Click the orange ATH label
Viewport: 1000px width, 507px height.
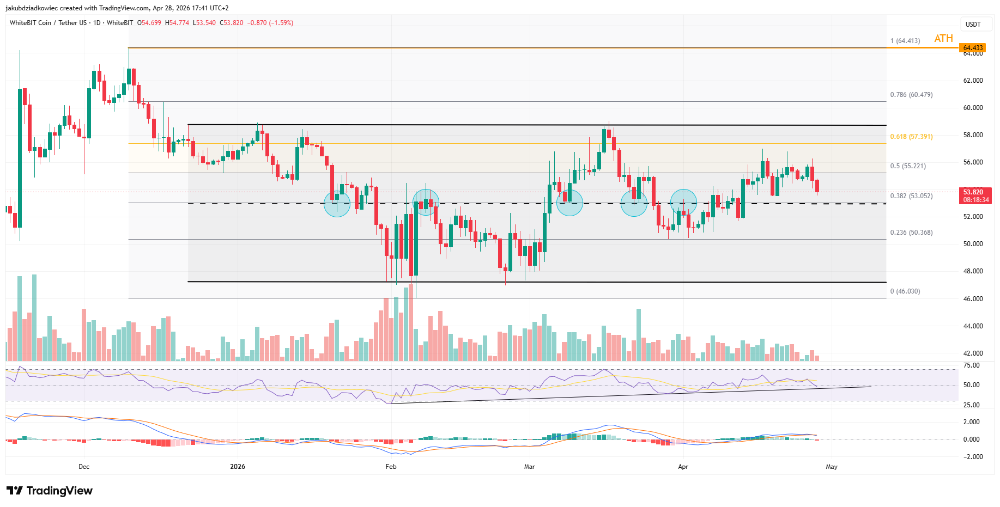(x=943, y=38)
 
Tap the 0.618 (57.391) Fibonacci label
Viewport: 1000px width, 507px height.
(x=911, y=137)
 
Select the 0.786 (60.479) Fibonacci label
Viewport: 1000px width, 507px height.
(x=911, y=95)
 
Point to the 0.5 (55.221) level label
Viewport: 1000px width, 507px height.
(x=908, y=166)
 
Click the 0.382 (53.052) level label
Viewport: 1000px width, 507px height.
(x=911, y=196)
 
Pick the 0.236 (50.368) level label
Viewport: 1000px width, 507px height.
(x=911, y=233)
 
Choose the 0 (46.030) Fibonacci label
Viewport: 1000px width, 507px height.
(x=905, y=291)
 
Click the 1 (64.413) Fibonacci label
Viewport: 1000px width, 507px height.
(x=905, y=41)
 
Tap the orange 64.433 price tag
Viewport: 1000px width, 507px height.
(x=973, y=48)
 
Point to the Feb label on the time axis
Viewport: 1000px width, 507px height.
(x=391, y=467)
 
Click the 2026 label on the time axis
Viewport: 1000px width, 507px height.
(x=238, y=467)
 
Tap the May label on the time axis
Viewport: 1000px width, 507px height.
(x=831, y=467)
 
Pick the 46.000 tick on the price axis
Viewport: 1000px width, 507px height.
(x=973, y=299)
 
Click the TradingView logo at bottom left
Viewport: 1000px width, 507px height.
(x=50, y=491)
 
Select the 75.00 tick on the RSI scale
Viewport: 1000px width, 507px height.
(x=971, y=365)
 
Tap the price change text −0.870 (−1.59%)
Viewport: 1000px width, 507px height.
(x=270, y=23)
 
